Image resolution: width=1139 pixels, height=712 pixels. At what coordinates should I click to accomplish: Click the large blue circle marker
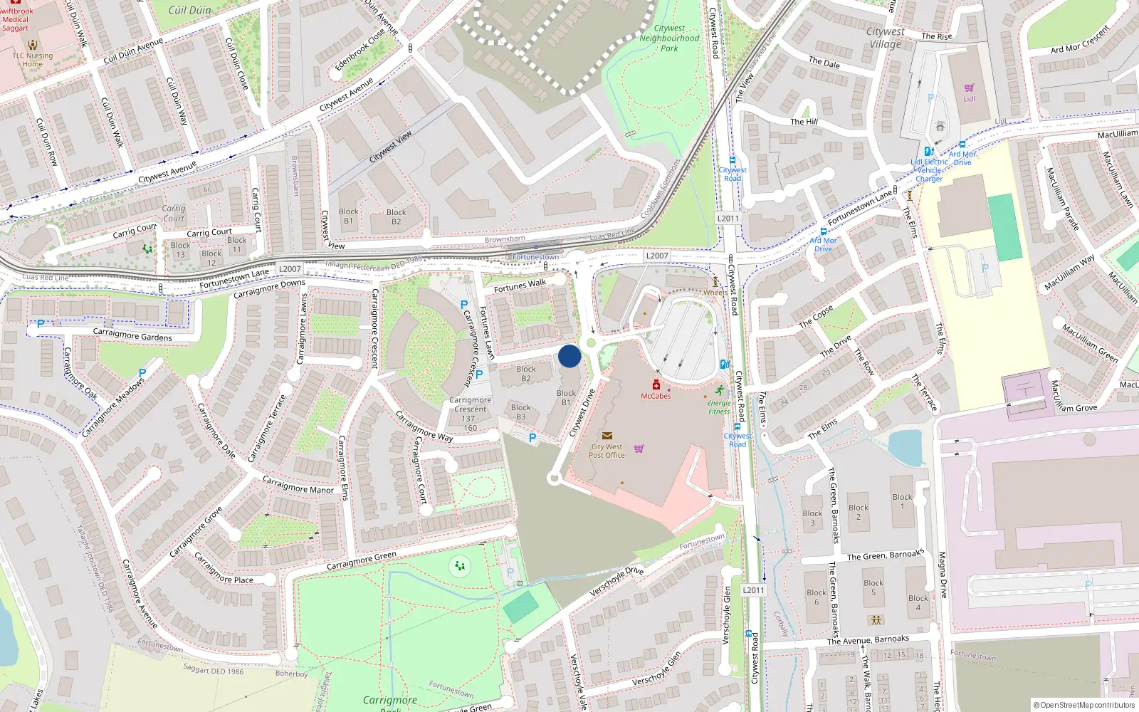(569, 356)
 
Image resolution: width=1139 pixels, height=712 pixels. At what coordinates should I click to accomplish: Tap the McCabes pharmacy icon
(656, 385)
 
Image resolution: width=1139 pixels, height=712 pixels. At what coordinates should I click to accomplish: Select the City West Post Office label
(607, 451)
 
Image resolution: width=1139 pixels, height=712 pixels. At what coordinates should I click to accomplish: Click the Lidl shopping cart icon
(969, 88)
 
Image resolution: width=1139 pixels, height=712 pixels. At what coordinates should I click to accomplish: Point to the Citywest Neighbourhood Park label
(669, 38)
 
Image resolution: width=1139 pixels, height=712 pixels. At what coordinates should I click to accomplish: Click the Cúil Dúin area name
(190, 10)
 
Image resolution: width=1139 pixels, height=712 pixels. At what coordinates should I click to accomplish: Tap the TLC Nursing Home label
(32, 60)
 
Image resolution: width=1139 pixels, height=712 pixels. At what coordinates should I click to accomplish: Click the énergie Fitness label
(719, 407)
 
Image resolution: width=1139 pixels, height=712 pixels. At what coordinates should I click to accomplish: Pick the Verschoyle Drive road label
(616, 582)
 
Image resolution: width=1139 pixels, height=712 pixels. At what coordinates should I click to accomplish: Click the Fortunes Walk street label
(520, 286)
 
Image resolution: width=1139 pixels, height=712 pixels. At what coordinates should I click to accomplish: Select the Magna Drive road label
(942, 575)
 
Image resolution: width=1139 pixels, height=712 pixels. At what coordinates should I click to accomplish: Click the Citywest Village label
(885, 38)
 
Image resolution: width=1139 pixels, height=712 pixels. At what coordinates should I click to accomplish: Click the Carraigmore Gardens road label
(132, 335)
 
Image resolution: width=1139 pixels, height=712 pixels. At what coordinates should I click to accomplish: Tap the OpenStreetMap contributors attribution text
(1083, 705)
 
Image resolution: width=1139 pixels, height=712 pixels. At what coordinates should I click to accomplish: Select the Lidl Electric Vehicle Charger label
(929, 170)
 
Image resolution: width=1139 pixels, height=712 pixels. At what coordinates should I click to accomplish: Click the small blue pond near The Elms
(905, 447)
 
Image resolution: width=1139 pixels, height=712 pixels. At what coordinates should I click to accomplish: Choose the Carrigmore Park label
(389, 701)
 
